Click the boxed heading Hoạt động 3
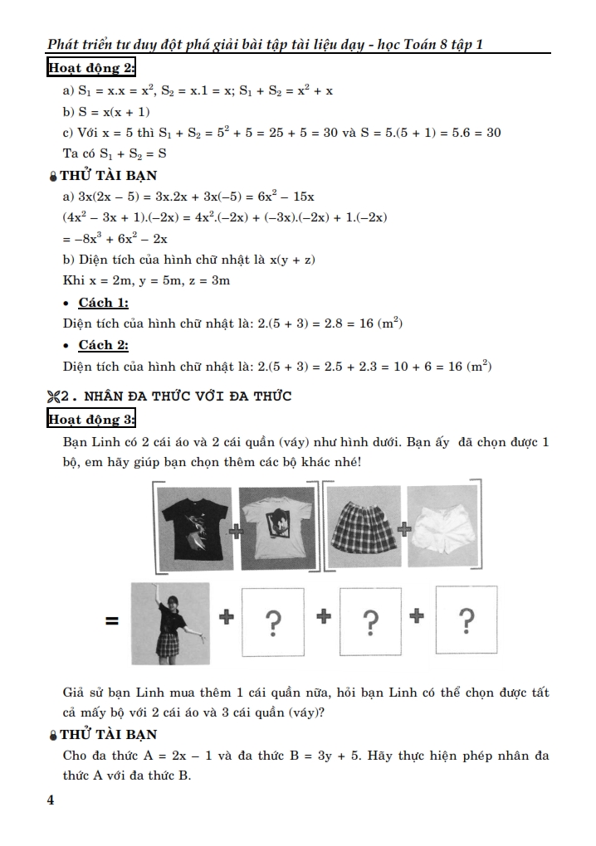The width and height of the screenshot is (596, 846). point(91,419)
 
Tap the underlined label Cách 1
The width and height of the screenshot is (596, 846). point(103,303)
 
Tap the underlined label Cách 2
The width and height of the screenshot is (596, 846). point(103,344)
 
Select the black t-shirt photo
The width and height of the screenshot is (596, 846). point(196,528)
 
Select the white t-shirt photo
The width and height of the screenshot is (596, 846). point(276,528)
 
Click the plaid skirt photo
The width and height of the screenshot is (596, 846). point(363,528)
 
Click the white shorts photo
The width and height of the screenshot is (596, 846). point(443,528)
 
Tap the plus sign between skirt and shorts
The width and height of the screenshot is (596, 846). point(404,528)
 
